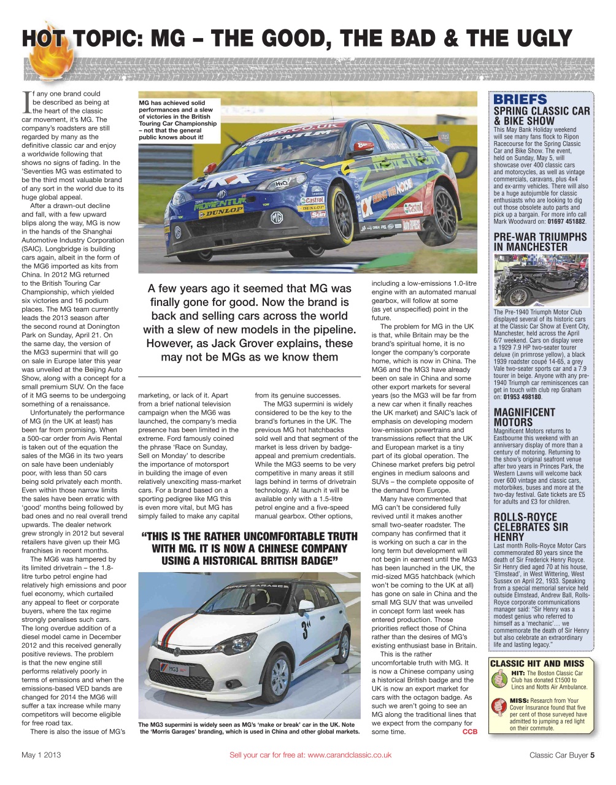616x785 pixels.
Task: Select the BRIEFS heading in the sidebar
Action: pos(520,99)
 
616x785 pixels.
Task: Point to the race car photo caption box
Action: pos(178,121)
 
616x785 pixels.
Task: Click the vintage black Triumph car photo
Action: pos(541,280)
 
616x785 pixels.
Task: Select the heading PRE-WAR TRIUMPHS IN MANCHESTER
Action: pos(540,242)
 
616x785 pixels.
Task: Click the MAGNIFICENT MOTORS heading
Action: pos(524,417)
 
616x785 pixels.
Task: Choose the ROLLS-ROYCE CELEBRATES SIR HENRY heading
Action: pos(531,527)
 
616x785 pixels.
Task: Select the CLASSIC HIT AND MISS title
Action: pos(536,663)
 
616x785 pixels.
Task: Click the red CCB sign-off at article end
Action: pos(469,732)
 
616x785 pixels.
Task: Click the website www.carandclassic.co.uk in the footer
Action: pos(349,755)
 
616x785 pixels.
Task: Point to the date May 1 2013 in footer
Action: pos(41,755)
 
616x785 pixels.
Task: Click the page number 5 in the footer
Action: pos(592,755)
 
